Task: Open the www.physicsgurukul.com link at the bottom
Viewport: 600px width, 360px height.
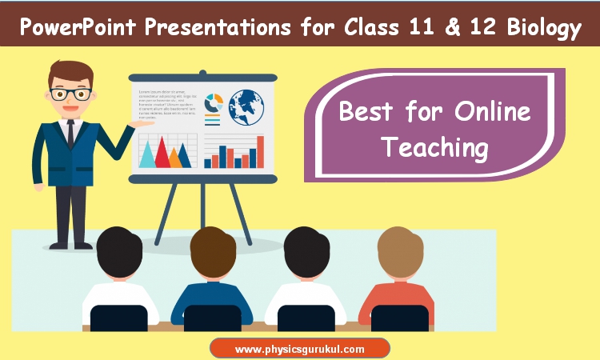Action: pyautogui.click(x=300, y=349)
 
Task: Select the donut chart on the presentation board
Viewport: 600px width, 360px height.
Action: pyautogui.click(x=214, y=103)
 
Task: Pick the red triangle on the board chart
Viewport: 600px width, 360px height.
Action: pyautogui.click(x=162, y=152)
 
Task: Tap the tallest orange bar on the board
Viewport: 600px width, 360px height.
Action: pyautogui.click(x=260, y=152)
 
